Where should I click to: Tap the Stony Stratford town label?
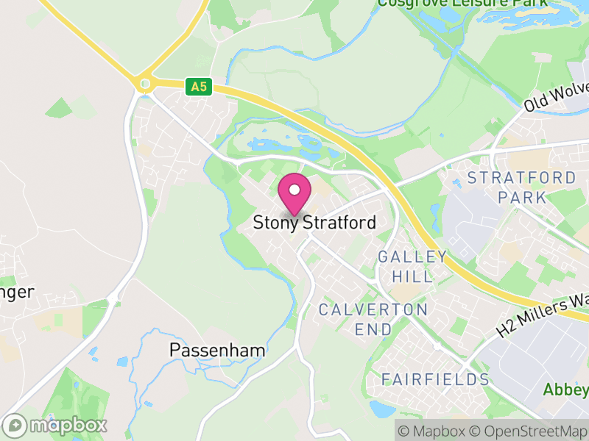click(314, 223)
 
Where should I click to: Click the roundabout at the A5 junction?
click(145, 84)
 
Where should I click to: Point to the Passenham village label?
click(217, 350)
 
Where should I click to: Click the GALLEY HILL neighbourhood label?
click(412, 266)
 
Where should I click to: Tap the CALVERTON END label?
click(373, 319)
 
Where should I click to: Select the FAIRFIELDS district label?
click(435, 379)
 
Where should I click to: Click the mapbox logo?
click(55, 425)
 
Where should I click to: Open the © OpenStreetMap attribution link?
click(527, 430)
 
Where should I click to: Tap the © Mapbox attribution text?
click(434, 430)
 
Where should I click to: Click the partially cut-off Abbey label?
click(567, 389)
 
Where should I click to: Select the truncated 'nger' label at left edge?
click(17, 293)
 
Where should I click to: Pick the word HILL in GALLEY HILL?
click(412, 276)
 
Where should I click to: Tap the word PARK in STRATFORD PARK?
click(522, 197)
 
